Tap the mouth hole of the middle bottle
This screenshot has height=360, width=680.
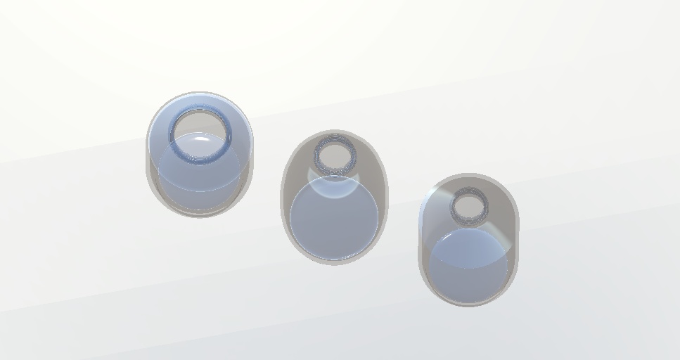pos(334,153)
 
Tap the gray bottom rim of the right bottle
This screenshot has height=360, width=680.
pos(468,302)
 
